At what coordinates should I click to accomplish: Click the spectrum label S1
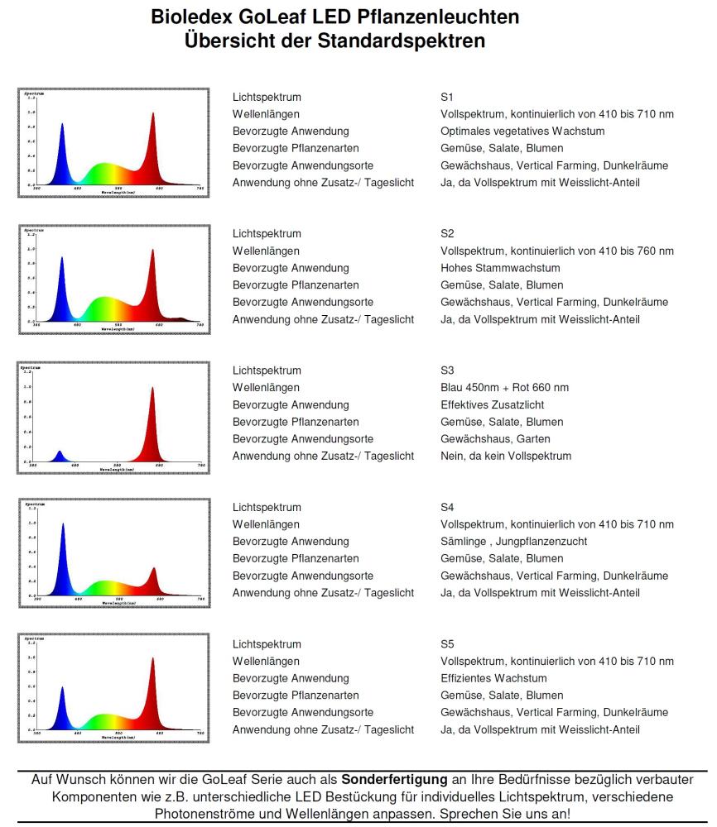pyautogui.click(x=447, y=97)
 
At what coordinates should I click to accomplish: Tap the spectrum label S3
pyautogui.click(x=447, y=370)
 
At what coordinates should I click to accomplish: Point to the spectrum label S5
pyautogui.click(x=447, y=644)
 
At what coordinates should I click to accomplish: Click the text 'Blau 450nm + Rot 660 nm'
pyautogui.click(x=504, y=388)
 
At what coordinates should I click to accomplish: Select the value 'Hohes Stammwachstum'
pyautogui.click(x=500, y=268)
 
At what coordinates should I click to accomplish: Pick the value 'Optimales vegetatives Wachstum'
pyautogui.click(x=522, y=131)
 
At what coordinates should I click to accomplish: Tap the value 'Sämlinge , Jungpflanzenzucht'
pyautogui.click(x=513, y=542)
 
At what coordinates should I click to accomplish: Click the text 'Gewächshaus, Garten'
pyautogui.click(x=495, y=439)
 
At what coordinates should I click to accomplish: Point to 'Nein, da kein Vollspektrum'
pyautogui.click(x=506, y=457)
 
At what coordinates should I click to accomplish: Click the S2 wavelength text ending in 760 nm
pyautogui.click(x=557, y=251)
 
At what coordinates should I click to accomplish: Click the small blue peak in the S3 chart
pyautogui.click(x=59, y=456)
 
